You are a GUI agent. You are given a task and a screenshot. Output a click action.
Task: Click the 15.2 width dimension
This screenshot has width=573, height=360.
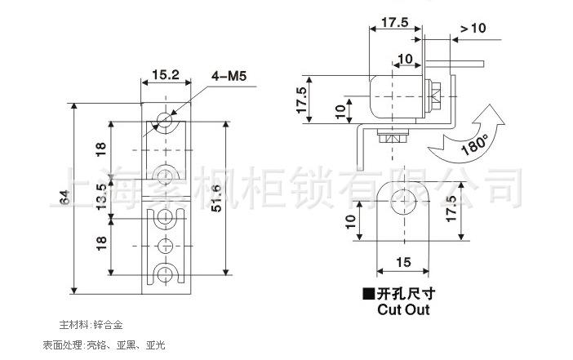tap(166, 75)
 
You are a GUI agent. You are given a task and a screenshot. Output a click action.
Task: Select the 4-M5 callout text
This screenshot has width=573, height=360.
tap(229, 76)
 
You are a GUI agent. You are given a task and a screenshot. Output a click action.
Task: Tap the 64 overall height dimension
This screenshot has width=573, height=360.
tap(64, 198)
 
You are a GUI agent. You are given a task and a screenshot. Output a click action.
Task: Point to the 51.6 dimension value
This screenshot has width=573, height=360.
tap(216, 198)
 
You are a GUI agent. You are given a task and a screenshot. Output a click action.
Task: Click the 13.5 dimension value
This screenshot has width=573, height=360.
tap(101, 196)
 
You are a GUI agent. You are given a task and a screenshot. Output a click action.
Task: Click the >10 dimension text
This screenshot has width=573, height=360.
tap(473, 28)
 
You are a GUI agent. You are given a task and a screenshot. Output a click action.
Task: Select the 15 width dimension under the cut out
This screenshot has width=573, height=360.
tap(403, 262)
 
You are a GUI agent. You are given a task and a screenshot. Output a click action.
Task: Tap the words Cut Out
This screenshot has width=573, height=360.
tap(403, 309)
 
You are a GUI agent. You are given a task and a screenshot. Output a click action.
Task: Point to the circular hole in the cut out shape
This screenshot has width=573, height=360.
tap(403, 201)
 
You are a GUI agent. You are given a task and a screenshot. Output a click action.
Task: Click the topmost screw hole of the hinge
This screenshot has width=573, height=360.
tap(165, 119)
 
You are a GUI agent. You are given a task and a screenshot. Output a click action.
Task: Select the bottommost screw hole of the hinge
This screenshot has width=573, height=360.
tap(165, 273)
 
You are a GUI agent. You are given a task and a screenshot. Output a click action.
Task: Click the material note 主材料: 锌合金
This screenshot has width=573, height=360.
tap(91, 325)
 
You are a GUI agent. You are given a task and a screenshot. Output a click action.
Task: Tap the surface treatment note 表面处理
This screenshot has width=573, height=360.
tap(63, 344)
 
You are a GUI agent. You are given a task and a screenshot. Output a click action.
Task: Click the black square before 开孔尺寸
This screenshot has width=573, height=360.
tap(369, 294)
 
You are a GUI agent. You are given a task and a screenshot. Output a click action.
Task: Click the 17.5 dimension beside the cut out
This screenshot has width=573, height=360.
tap(451, 208)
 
